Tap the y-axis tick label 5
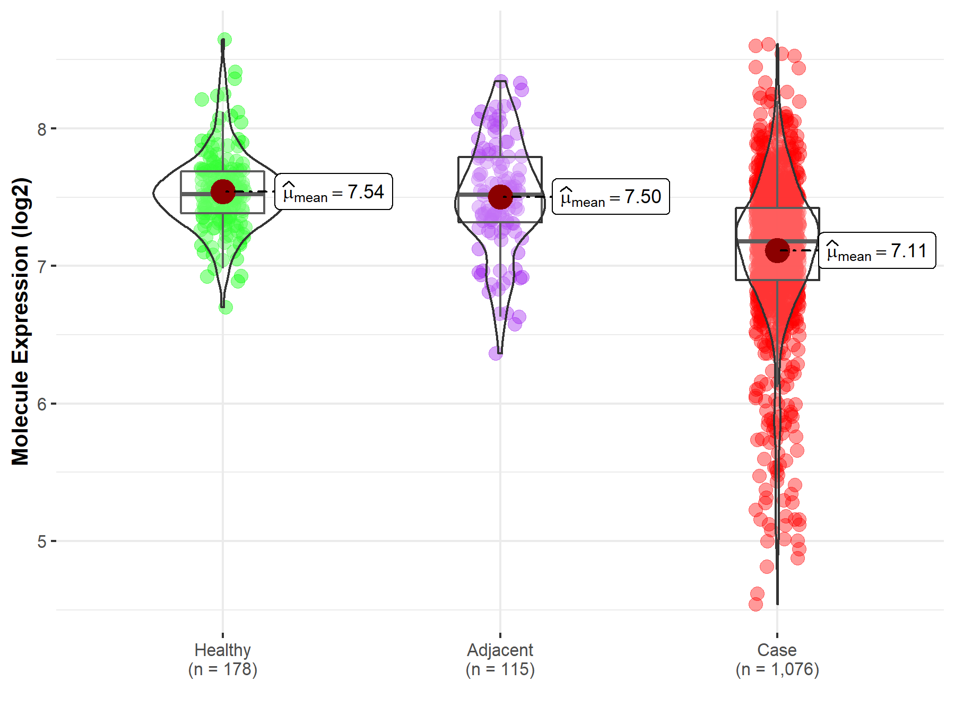[x=42, y=542]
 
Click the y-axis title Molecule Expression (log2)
[x=20, y=321]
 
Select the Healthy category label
[x=222, y=650]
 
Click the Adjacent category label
[x=500, y=650]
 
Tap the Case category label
[x=777, y=650]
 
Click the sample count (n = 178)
[x=222, y=669]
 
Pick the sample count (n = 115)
[x=500, y=669]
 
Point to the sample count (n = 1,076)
[x=777, y=669]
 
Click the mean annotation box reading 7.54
[x=334, y=191]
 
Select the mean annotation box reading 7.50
[x=611, y=197]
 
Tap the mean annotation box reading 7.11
[x=877, y=250]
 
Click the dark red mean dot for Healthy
[x=223, y=191]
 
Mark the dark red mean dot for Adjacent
[x=500, y=197]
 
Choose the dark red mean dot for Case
[x=777, y=250]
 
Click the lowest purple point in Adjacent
[x=496, y=353]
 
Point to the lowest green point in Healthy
[x=225, y=307]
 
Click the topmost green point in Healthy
[x=224, y=40]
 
